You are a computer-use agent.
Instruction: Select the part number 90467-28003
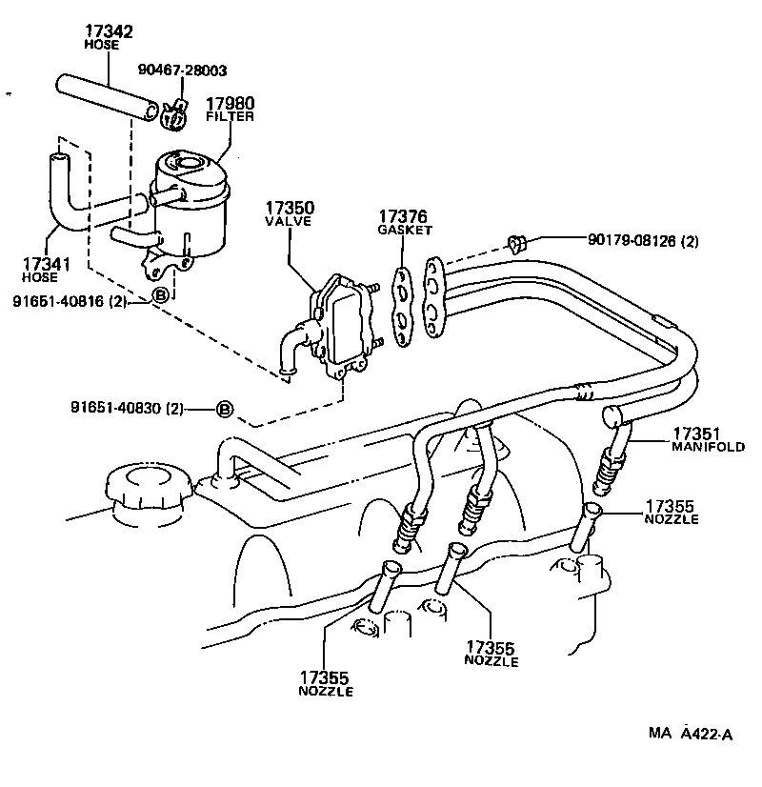point(182,71)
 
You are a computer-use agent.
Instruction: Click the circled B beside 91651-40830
point(224,409)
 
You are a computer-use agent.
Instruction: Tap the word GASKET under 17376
point(405,230)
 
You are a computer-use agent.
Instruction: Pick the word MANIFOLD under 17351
point(708,446)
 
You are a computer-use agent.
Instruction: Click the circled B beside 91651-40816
point(160,296)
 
